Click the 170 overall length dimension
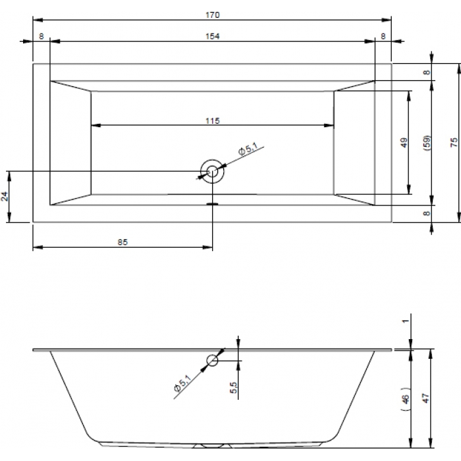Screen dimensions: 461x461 pos(212,14)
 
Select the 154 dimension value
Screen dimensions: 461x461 pos(212,36)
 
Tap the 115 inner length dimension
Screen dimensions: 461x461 pos(212,121)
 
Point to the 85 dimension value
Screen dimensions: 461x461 pos(122,242)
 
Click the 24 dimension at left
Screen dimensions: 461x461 pos(5,196)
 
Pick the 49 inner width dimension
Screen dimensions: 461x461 pos(404,143)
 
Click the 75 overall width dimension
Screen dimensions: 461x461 pos(454,143)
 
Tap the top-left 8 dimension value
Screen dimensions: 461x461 pos(41,36)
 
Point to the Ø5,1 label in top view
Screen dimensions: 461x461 pos(248,148)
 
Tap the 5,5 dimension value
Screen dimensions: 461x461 pos(233,387)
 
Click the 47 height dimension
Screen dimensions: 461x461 pos(426,398)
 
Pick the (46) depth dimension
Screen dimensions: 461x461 pos(406,399)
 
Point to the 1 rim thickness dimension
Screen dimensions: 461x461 pos(406,321)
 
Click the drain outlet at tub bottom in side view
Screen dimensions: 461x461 pos(212,446)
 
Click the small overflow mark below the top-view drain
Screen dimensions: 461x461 pos(212,203)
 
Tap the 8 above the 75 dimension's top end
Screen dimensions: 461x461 pos(427,72)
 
